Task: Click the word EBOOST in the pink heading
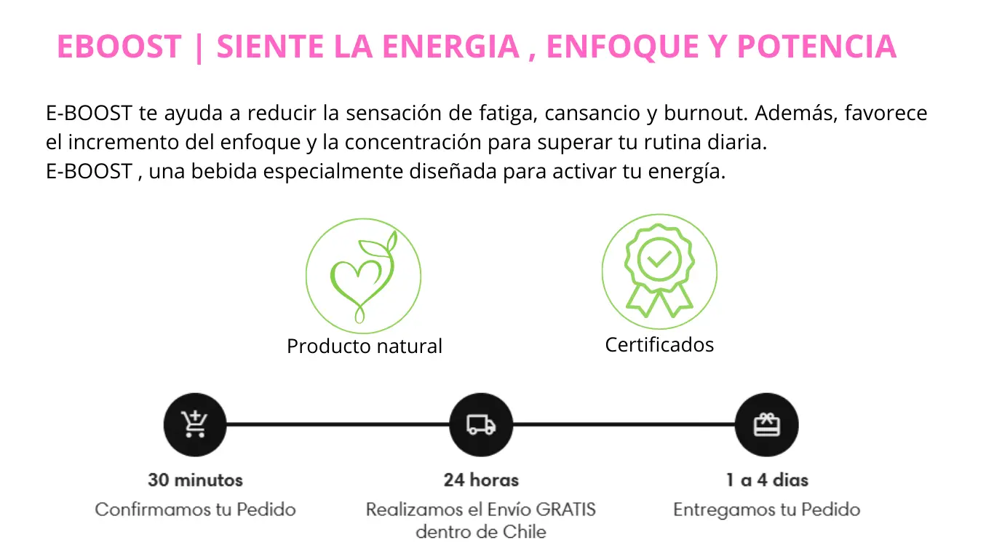[119, 46]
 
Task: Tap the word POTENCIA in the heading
[817, 46]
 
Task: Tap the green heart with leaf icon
[363, 276]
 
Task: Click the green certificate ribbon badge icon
[659, 271]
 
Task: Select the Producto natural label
[365, 346]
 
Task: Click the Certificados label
[659, 344]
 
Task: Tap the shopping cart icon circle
[195, 424]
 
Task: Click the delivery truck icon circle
[481, 424]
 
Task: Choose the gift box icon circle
[767, 424]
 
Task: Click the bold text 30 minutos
[195, 480]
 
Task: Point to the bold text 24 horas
[481, 480]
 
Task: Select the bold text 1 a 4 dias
[767, 480]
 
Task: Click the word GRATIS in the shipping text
[566, 510]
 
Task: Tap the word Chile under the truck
[524, 531]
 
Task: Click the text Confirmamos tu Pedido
[195, 510]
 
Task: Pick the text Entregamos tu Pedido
[767, 510]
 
